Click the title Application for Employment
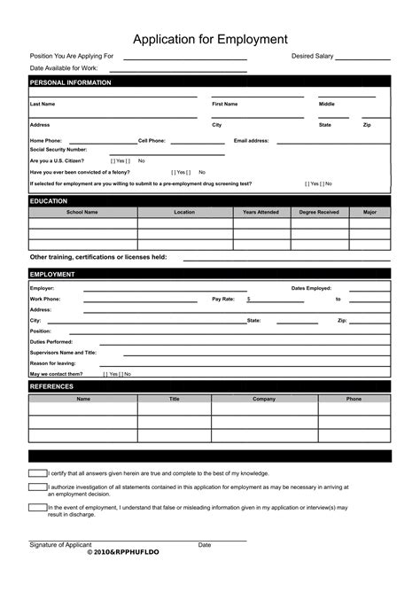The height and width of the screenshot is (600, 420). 210,39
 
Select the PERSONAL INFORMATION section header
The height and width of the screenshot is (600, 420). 71,82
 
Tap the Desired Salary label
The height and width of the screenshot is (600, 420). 312,56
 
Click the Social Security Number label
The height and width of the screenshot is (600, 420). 58,150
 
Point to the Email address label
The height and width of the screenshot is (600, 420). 251,140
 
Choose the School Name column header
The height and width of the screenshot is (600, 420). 82,213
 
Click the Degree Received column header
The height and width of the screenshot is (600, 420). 319,213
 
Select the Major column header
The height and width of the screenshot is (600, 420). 369,213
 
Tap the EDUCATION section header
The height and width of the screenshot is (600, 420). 49,201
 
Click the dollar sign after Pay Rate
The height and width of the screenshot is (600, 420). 249,300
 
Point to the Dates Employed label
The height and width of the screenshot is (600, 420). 311,288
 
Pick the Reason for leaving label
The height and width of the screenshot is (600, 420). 53,362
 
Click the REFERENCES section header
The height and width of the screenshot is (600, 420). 51,386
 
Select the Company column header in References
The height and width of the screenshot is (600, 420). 264,399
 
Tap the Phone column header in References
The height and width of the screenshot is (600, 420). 354,399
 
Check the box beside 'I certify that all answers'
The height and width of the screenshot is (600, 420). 37,473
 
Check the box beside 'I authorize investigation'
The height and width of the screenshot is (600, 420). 37,487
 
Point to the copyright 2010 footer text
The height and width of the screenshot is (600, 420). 124,551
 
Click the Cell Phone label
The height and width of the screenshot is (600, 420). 152,140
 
